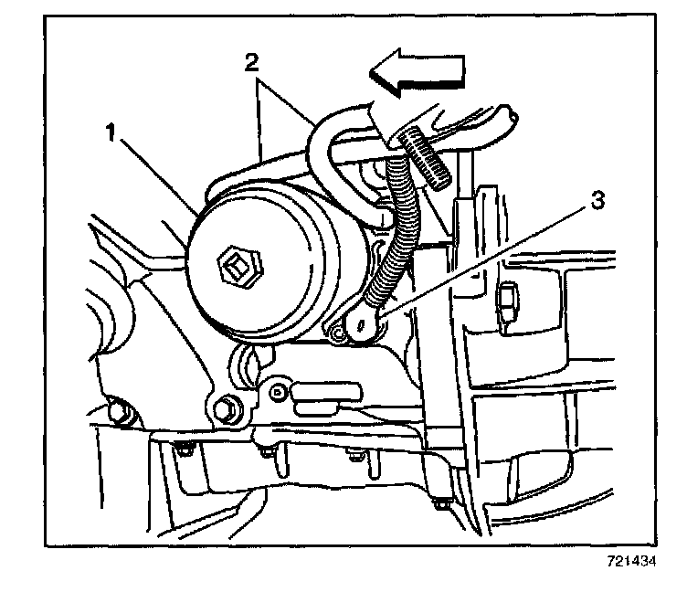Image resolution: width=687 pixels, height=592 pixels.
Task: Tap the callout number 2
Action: (x=254, y=62)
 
